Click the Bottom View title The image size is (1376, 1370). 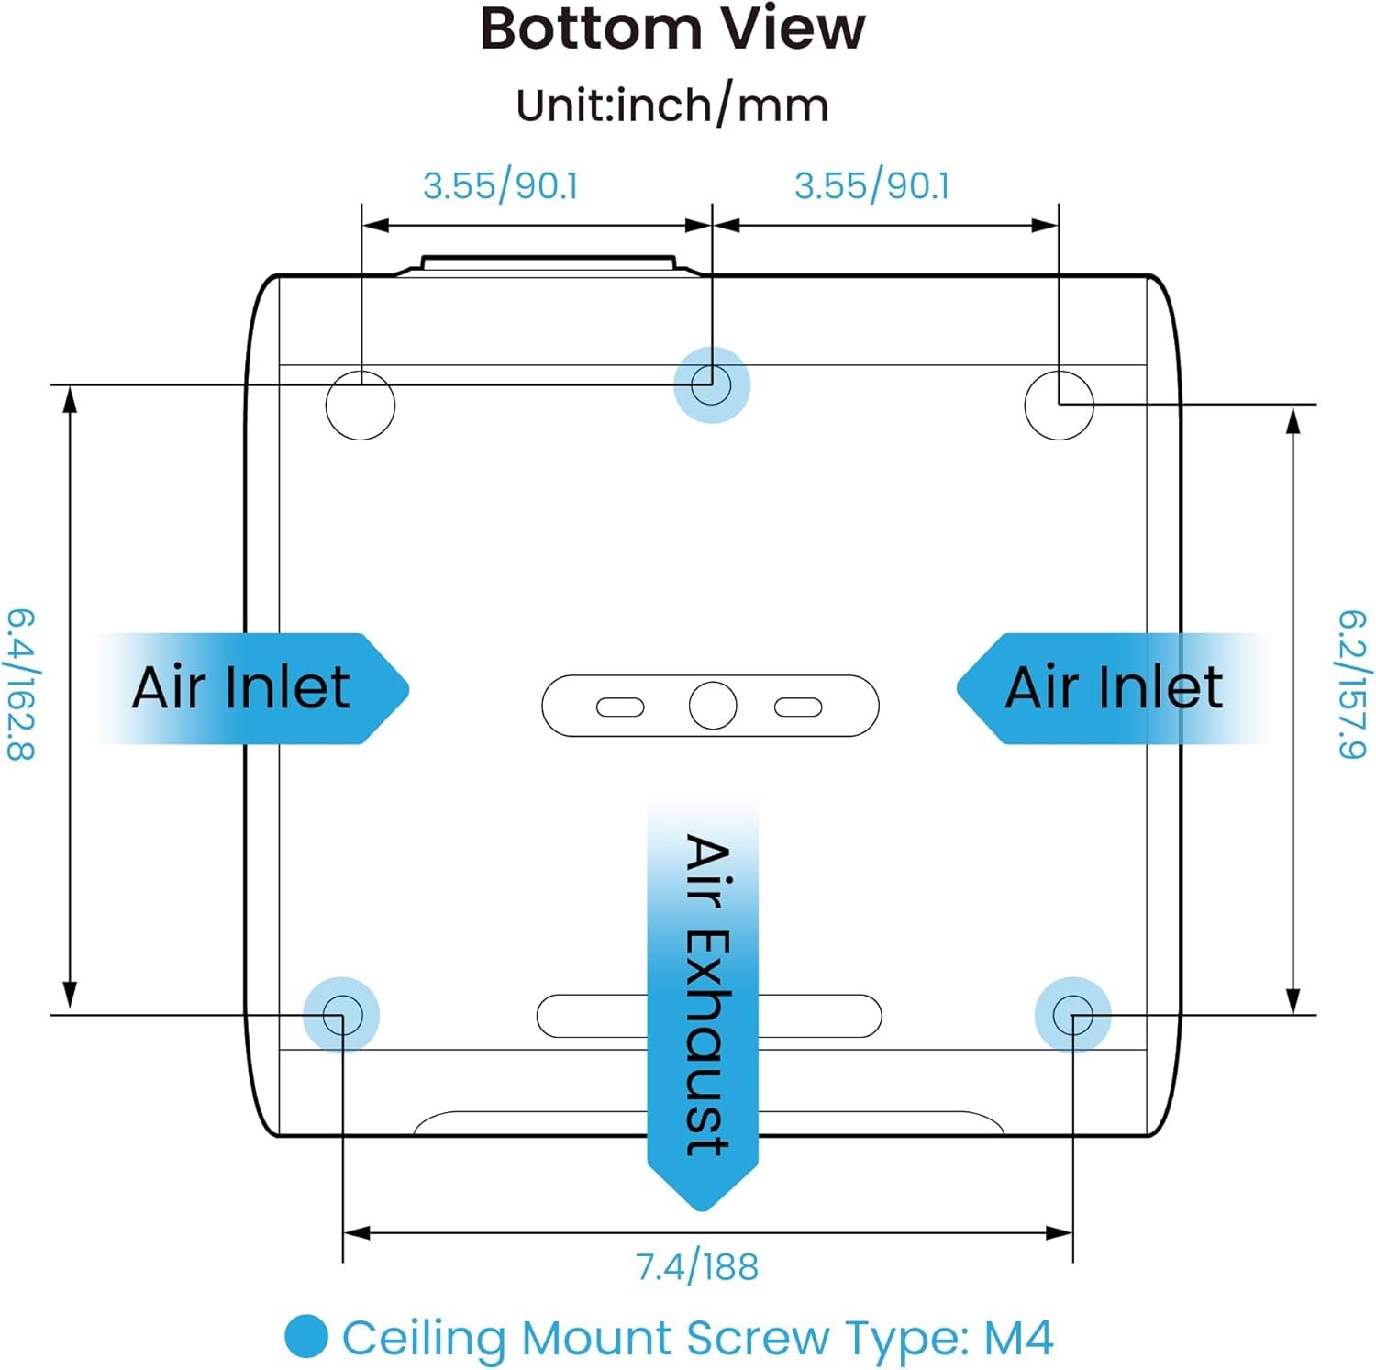pos(672,29)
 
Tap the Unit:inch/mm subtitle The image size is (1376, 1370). pos(672,106)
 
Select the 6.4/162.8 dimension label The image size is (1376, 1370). pos(20,684)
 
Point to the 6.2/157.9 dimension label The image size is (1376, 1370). pos(1351,684)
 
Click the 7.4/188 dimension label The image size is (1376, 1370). pos(697,1267)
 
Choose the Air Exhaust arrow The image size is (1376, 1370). pos(703,1000)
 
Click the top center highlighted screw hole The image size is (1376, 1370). pos(711,384)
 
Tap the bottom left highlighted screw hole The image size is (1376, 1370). pos(341,1015)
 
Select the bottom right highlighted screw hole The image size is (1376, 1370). pos(1072,1015)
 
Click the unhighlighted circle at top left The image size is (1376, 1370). pos(361,405)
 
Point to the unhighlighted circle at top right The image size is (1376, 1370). pos(1059,405)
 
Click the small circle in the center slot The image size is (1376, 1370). pos(713,706)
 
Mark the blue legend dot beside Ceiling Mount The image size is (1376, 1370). pos(306,1337)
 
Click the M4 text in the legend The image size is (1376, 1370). pos(1018,1338)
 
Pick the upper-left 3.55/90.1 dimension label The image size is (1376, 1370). pos(501,186)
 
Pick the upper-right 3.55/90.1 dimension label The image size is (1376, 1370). pos(872,186)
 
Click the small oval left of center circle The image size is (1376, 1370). pos(620,707)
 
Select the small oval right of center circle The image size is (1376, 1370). pos(798,707)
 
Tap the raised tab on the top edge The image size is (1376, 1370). pos(549,264)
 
